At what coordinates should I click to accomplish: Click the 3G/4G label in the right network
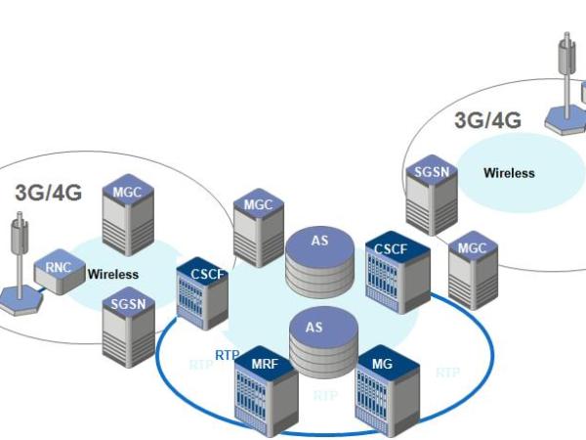[487, 120]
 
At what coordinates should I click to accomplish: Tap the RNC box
[59, 276]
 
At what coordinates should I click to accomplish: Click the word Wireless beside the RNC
[113, 275]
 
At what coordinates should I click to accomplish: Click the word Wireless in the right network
[509, 173]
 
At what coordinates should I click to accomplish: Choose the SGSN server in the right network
[431, 192]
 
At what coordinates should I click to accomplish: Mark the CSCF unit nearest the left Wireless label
[202, 294]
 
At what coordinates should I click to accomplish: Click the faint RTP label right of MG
[447, 373]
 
